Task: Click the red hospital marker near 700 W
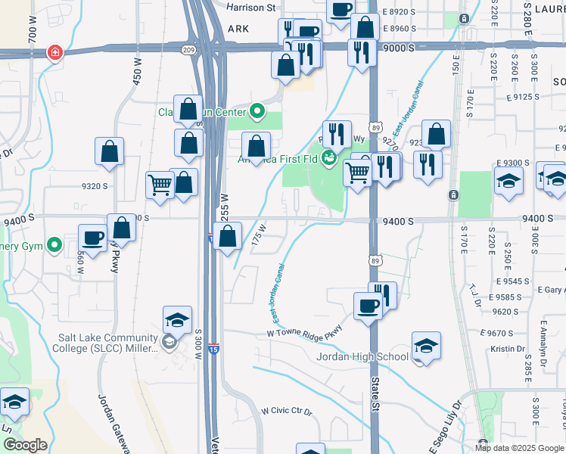pos(54,52)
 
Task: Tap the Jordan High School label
pos(362,356)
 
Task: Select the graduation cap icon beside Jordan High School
pos(427,346)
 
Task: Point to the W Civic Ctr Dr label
pos(286,411)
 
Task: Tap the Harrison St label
pos(251,8)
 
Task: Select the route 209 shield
pos(189,50)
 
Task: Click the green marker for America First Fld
pos(328,157)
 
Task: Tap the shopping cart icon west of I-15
pos(160,185)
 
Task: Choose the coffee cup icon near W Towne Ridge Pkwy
pos(369,306)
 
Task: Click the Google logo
pos(25,445)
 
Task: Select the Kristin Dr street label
pos(507,349)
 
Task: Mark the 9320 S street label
pos(95,186)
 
